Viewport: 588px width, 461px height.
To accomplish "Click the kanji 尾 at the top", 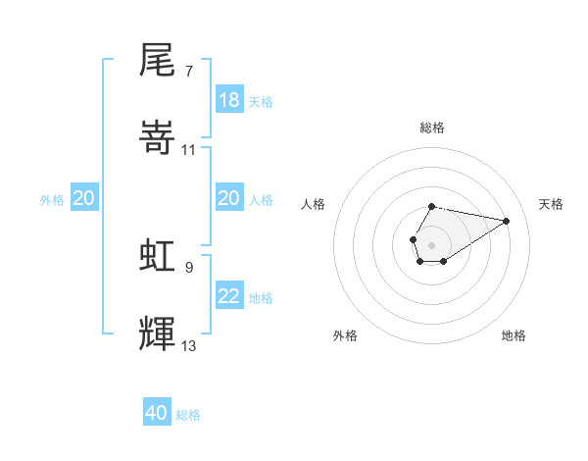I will (x=159, y=61).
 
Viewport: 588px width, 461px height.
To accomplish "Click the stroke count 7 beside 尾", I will (x=189, y=72).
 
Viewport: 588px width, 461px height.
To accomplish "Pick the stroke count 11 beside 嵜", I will (x=189, y=150).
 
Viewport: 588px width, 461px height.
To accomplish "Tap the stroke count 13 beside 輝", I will (x=189, y=345).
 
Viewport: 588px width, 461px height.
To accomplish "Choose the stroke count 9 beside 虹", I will (x=189, y=267).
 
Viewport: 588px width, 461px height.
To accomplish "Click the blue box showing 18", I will (x=228, y=100).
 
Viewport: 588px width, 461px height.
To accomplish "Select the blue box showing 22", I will (x=228, y=296).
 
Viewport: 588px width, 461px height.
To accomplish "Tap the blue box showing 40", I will (x=157, y=413).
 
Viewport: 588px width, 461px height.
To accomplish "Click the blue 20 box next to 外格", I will (x=84, y=198).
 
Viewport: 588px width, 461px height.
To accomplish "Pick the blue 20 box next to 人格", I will (x=228, y=198).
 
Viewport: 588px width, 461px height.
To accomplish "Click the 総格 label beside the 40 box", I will (x=188, y=415).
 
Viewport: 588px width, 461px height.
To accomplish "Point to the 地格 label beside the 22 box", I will (x=261, y=298).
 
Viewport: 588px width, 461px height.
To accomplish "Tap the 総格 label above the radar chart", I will (x=431, y=128).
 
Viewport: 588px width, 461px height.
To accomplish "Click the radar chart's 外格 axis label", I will (x=345, y=335).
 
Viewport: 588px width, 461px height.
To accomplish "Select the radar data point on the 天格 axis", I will (x=507, y=220).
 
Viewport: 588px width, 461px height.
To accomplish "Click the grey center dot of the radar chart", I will (x=431, y=243).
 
